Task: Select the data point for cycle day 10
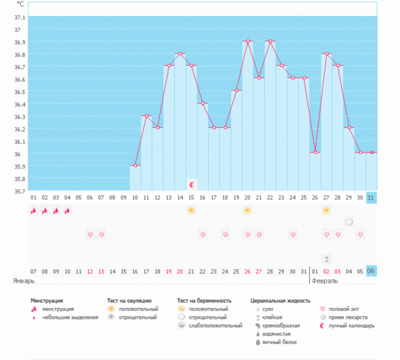[135, 165]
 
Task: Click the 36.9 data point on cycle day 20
[247, 41]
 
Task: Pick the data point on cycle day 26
[315, 153]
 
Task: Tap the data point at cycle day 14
[180, 53]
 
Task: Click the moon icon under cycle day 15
[192, 184]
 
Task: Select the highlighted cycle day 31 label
[371, 198]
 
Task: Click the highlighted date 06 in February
[371, 271]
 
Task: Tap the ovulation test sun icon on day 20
[247, 211]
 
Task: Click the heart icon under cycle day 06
[90, 235]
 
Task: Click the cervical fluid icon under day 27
[327, 258]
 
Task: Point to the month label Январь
[23, 281]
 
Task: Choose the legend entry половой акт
[347, 309]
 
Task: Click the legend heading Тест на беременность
[204, 301]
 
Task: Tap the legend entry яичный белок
[279, 342]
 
